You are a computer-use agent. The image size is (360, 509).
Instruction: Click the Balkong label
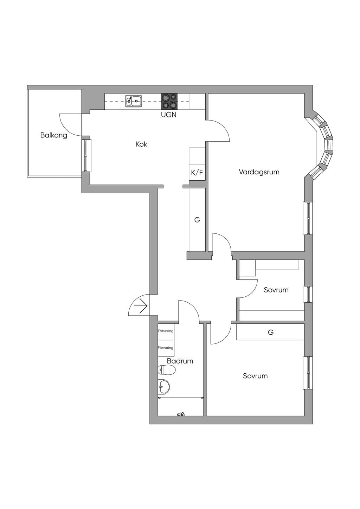click(x=54, y=135)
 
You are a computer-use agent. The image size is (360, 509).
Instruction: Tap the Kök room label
click(x=141, y=144)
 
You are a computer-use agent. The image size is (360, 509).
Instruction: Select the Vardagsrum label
click(x=259, y=172)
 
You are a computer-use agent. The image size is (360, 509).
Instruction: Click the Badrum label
click(x=180, y=361)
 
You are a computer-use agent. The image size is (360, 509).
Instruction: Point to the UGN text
click(x=169, y=115)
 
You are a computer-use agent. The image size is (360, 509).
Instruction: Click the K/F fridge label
click(x=197, y=173)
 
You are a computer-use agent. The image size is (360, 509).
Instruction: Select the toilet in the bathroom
click(x=167, y=370)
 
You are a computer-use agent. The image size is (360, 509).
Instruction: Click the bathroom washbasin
click(x=163, y=387)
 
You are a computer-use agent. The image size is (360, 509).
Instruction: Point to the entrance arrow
click(x=141, y=306)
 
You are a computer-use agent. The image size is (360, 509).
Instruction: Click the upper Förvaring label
click(x=166, y=331)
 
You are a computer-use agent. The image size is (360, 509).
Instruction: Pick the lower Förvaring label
click(x=166, y=348)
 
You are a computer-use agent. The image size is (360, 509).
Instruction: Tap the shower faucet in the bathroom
click(x=181, y=414)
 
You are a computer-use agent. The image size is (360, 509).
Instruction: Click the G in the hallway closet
click(x=197, y=220)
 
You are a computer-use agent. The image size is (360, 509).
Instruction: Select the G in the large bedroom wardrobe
click(x=270, y=332)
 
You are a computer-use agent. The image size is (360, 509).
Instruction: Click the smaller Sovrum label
click(x=276, y=290)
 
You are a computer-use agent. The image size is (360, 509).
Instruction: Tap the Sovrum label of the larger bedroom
click(x=255, y=376)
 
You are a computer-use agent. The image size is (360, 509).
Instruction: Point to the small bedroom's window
click(x=308, y=294)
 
